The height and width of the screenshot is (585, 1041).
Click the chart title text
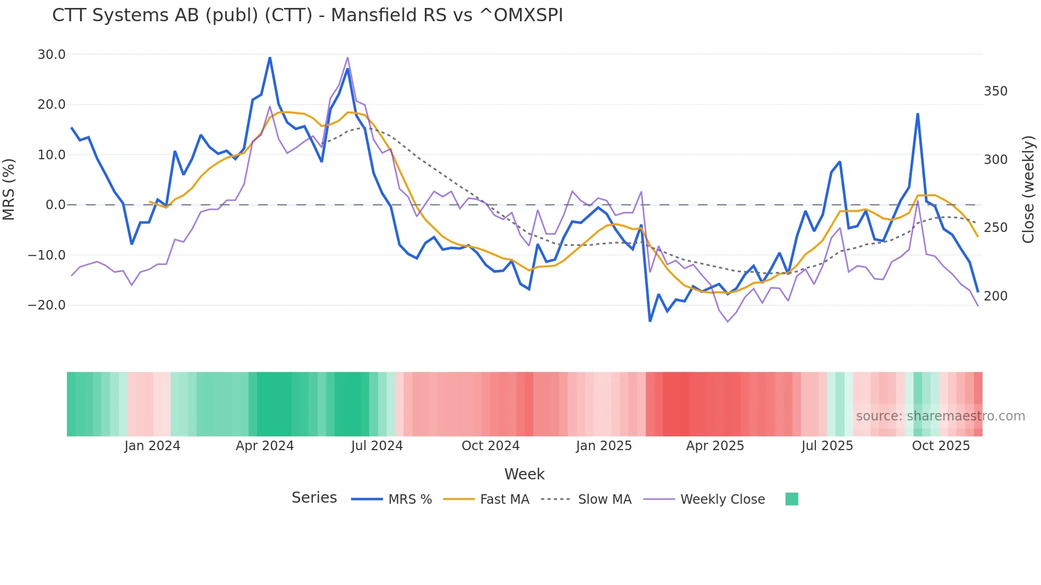click(308, 15)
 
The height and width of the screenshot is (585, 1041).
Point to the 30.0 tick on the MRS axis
click(52, 55)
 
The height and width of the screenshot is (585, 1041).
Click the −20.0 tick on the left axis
click(47, 305)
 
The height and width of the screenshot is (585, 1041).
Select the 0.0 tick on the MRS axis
click(56, 205)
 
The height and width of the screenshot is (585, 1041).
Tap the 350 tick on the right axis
click(995, 91)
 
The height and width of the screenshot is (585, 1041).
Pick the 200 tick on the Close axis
click(995, 296)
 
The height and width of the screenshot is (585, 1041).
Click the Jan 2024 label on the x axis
click(152, 446)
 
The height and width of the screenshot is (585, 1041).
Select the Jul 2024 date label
click(377, 446)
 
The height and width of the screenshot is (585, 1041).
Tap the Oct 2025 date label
click(941, 446)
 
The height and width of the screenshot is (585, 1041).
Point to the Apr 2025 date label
click(715, 446)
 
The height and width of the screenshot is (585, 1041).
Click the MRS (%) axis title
click(9, 189)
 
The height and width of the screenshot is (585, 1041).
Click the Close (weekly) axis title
click(1029, 190)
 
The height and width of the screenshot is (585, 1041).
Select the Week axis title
click(524, 474)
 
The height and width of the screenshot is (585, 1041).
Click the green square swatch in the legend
click(791, 499)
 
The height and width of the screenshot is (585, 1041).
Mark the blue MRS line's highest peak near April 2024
click(270, 57)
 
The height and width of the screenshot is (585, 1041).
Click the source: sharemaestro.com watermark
click(940, 416)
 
